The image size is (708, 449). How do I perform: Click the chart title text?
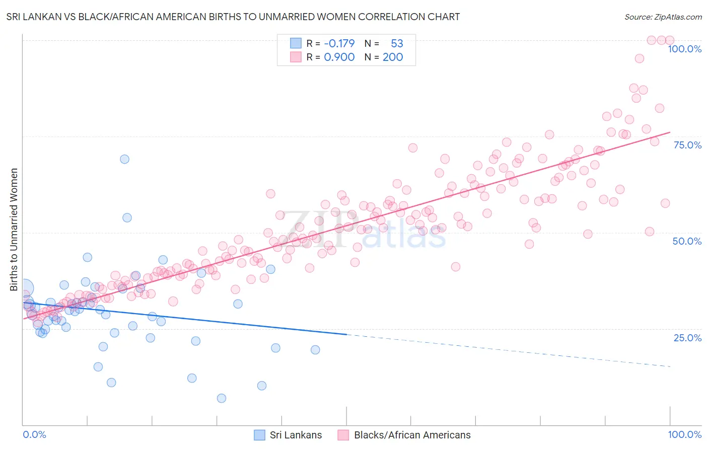click(x=233, y=17)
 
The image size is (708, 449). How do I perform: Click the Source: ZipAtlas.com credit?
click(x=663, y=17)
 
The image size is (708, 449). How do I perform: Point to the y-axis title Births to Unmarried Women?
click(x=14, y=230)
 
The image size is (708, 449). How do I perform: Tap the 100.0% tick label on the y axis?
click(x=684, y=49)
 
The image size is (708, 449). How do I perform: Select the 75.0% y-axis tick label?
click(x=687, y=145)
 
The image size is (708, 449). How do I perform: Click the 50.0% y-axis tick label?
click(x=687, y=241)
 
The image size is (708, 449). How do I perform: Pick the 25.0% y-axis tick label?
click(x=687, y=337)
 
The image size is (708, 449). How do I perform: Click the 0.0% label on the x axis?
click(x=34, y=434)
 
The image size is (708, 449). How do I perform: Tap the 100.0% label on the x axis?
click(x=684, y=434)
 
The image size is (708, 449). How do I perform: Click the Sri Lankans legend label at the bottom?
click(x=296, y=435)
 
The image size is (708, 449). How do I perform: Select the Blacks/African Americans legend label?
click(x=412, y=435)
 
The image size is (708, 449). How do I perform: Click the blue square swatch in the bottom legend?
click(x=259, y=435)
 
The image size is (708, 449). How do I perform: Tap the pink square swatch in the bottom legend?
click(x=343, y=435)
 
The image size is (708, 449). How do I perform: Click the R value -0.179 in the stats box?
click(x=339, y=43)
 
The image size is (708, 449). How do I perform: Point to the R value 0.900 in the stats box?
click(x=339, y=57)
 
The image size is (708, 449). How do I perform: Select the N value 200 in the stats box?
click(x=393, y=57)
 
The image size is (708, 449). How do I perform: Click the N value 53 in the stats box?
click(x=397, y=43)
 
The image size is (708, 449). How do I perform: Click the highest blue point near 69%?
click(x=124, y=159)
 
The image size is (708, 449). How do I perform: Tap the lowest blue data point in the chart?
click(x=222, y=398)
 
